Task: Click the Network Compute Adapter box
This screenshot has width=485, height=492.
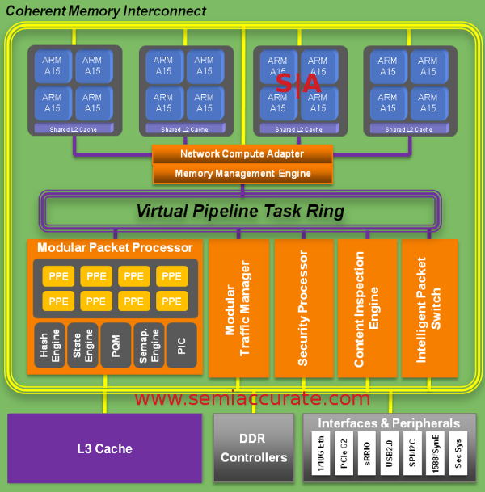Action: (x=242, y=153)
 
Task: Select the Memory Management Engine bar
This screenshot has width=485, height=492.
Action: (x=242, y=173)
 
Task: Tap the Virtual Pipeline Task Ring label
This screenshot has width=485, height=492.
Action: (x=240, y=212)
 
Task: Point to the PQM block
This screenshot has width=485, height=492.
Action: (x=116, y=346)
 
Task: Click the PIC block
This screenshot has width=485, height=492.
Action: (x=181, y=346)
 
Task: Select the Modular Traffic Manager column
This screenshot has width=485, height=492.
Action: (x=238, y=308)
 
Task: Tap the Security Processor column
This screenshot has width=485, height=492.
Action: (x=302, y=308)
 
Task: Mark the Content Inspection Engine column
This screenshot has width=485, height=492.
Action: (x=367, y=308)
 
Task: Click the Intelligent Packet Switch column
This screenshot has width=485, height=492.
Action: (x=429, y=308)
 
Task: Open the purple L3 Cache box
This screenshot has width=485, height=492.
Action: (x=105, y=448)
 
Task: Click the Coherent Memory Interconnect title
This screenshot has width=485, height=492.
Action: (x=105, y=11)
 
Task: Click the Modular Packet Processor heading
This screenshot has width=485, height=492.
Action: (x=115, y=247)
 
